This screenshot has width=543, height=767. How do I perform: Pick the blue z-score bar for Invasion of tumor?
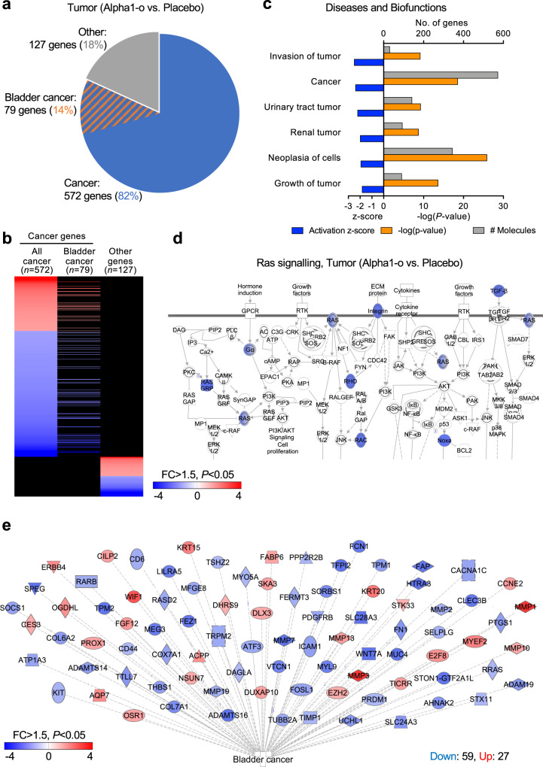coord(369,62)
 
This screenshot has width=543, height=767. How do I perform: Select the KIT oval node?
coord(61,671)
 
